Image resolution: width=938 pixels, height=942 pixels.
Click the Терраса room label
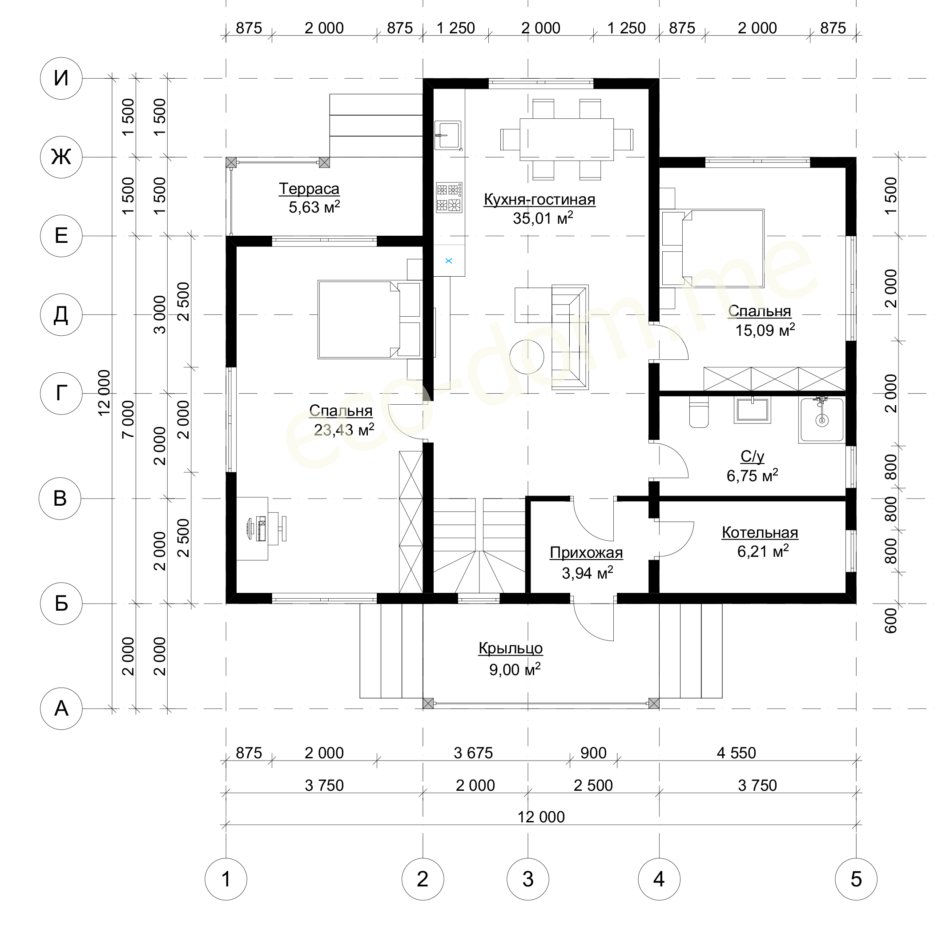[x=309, y=189]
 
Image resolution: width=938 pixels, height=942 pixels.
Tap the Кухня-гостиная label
[x=539, y=199]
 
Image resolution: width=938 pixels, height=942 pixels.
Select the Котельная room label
[x=760, y=532]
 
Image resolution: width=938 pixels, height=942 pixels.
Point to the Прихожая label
[x=587, y=552]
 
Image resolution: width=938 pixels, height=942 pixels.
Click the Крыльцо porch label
[x=511, y=648]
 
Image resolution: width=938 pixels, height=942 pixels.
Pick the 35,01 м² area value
[x=543, y=218]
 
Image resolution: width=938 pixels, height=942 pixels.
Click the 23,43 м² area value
[x=344, y=430]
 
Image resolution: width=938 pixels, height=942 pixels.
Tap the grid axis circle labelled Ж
[x=61, y=157]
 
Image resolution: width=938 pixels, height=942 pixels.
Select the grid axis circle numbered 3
[x=528, y=879]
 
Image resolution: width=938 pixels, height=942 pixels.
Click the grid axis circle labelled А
[x=61, y=709]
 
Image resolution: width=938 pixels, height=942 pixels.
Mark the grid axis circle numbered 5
[x=856, y=879]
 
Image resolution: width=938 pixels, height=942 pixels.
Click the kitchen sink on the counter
[x=448, y=135]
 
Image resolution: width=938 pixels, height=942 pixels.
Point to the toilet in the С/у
[x=699, y=412]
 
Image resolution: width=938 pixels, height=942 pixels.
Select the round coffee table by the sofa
[x=527, y=357]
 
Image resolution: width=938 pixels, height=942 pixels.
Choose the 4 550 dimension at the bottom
[x=736, y=753]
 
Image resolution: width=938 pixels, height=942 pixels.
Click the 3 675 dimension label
[x=473, y=753]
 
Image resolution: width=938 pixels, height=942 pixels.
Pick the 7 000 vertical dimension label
[x=128, y=419]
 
